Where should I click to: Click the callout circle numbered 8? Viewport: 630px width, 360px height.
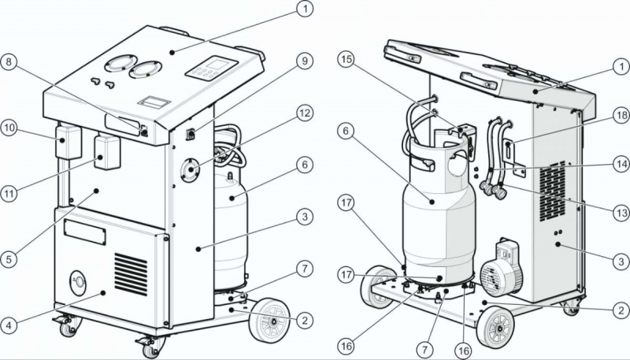[x=9, y=63]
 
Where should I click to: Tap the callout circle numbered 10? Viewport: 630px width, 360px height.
[x=9, y=128]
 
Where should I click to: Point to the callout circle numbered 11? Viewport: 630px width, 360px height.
[x=9, y=194]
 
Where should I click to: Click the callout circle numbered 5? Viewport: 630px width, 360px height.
[x=9, y=259]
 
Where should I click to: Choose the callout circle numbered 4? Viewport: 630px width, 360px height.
[x=9, y=325]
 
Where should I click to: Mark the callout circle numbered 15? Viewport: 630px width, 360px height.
[x=346, y=59]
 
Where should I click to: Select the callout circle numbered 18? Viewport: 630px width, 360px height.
[x=621, y=116]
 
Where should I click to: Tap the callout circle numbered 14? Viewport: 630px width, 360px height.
[x=621, y=165]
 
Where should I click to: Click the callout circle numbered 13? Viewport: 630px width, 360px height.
[x=621, y=213]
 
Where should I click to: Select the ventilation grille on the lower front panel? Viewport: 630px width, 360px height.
[x=131, y=274]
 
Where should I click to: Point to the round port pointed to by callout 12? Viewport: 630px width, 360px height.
[x=191, y=170]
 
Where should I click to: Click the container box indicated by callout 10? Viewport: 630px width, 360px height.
[x=69, y=142]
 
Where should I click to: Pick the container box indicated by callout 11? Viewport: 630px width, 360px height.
[x=107, y=152]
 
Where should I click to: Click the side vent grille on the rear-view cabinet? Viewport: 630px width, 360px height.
[x=553, y=191]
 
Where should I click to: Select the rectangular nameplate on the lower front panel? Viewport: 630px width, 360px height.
[x=85, y=232]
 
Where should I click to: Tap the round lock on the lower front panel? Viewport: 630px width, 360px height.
[x=78, y=282]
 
